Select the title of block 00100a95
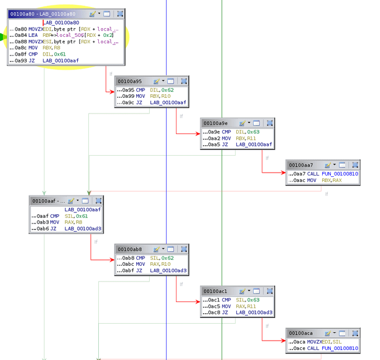point(129,81)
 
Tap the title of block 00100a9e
point(215,123)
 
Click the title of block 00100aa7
point(301,165)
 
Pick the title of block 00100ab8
point(129,249)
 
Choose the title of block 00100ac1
point(215,291)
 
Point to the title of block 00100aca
point(301,333)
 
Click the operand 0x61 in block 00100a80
point(60,54)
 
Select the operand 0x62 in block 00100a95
point(168,90)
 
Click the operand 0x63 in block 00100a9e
point(253,132)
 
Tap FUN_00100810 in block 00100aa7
point(340,174)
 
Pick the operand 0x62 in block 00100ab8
point(168,258)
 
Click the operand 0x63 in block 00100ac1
point(253,300)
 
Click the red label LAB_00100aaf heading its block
point(82,210)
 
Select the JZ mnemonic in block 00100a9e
point(224,145)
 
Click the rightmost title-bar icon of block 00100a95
point(184,81)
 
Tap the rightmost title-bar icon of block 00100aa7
point(355,165)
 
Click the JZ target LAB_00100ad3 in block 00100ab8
point(168,270)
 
